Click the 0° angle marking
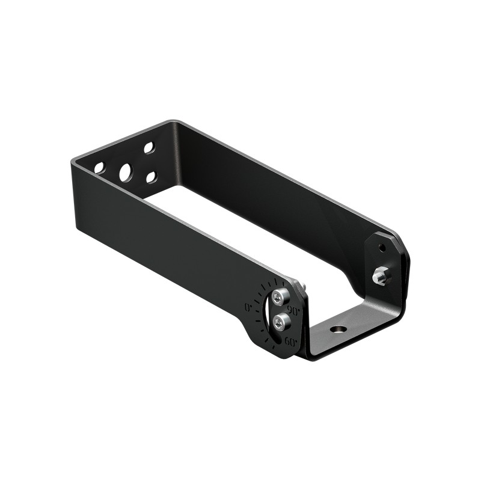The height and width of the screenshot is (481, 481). (248, 307)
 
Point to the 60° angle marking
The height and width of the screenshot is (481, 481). (290, 342)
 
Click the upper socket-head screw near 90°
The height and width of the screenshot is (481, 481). (280, 296)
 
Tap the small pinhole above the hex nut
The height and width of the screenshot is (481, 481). (382, 247)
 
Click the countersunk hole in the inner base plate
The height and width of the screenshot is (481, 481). (338, 329)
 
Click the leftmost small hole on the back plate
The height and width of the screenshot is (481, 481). (99, 168)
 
